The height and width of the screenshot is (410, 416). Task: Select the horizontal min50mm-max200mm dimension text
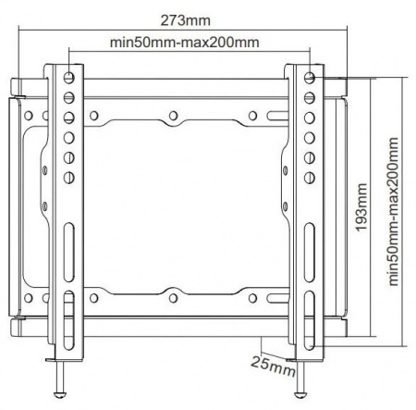[x=184, y=43]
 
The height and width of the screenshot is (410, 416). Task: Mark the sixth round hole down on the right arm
[x=309, y=175]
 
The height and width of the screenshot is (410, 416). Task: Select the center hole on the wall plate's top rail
[x=174, y=116]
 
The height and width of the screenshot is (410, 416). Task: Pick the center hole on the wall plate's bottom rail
[x=174, y=298]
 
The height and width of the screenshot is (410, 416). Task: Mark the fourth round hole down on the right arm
[x=309, y=135]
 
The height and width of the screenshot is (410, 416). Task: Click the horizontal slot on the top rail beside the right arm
[x=275, y=116]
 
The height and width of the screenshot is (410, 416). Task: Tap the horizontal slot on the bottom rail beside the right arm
[x=275, y=298]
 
